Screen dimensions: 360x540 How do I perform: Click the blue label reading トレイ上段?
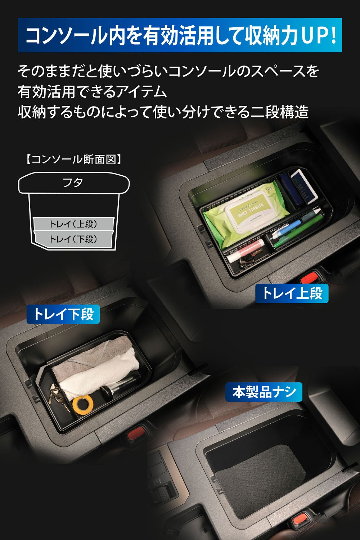[292, 293]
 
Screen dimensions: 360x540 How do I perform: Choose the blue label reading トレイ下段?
[63, 314]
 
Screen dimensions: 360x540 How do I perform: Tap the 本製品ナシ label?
[264, 392]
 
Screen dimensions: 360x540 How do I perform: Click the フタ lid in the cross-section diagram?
[74, 183]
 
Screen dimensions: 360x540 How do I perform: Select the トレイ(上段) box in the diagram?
[73, 224]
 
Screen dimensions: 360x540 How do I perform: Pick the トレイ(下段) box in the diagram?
[73, 239]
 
